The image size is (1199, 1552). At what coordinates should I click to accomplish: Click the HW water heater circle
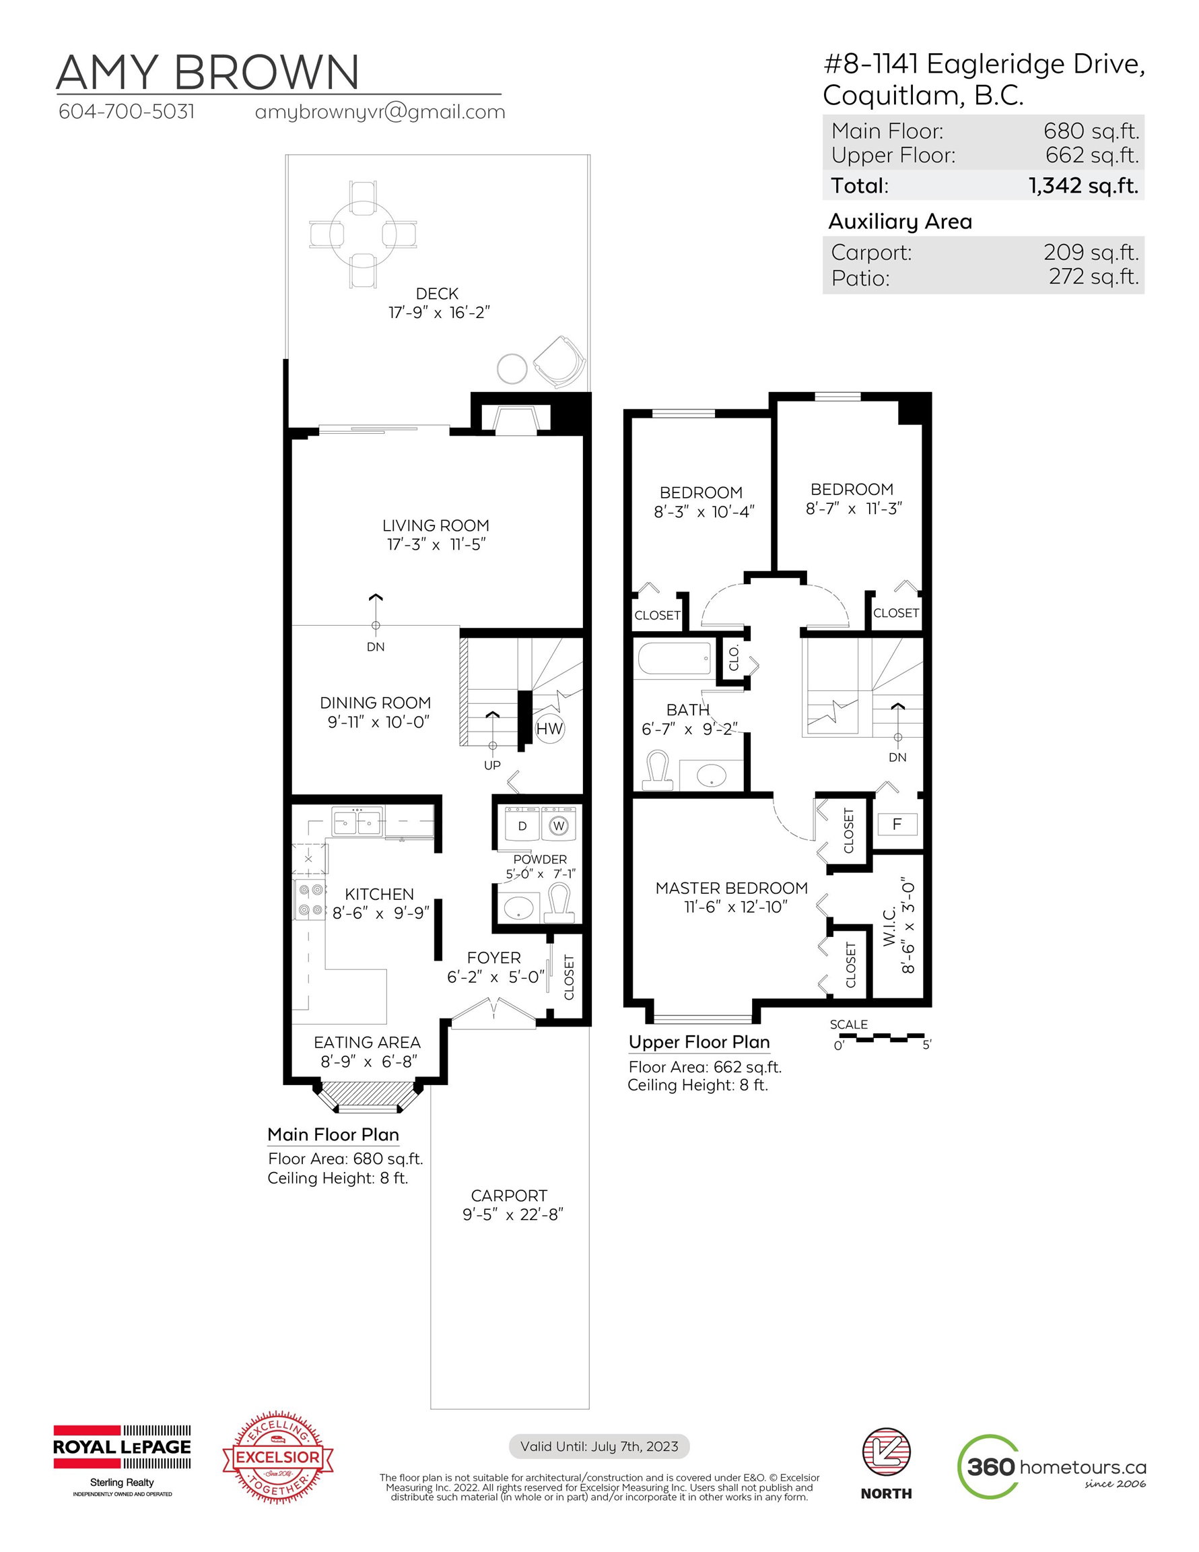549,728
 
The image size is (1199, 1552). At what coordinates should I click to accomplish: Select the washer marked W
559,826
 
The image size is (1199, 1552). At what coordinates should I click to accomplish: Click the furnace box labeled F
897,825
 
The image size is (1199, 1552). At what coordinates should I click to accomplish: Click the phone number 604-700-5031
127,112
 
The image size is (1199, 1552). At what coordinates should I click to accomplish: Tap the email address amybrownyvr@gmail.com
380,112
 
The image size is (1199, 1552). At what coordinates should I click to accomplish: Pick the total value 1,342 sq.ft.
1083,185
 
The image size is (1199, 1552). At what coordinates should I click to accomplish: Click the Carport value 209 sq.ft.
1091,253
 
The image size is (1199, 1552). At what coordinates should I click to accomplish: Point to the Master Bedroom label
732,888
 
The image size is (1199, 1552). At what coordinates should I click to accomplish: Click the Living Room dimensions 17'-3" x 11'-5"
436,544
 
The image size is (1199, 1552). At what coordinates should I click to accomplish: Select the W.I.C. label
889,928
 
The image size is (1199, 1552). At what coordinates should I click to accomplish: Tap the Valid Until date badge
599,1446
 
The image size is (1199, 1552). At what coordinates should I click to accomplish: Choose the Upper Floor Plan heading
699,1043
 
